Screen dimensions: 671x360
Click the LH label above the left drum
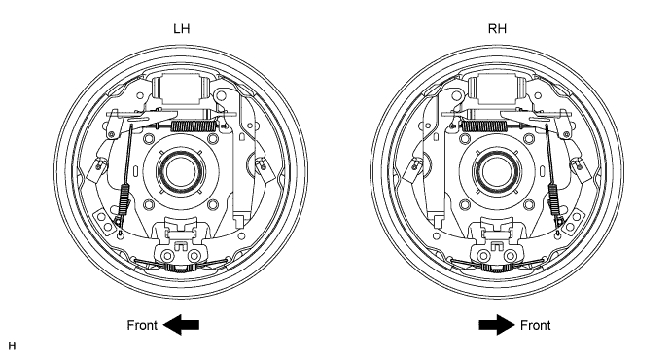click(x=182, y=28)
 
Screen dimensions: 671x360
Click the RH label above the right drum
click(x=497, y=28)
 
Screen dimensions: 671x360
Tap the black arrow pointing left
click(x=181, y=325)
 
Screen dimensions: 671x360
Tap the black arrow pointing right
click(x=497, y=325)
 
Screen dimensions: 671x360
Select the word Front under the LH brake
click(x=143, y=325)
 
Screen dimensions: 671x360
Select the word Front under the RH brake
click(x=536, y=325)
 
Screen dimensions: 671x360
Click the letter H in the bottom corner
click(x=12, y=345)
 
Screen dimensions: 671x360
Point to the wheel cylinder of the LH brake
click(x=182, y=90)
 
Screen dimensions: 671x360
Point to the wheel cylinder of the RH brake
click(x=497, y=90)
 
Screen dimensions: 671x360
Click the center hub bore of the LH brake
click(x=181, y=171)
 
